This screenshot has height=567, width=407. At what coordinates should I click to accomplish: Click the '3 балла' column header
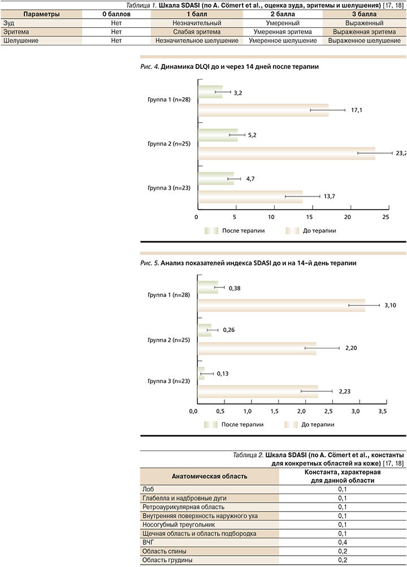click(x=364, y=14)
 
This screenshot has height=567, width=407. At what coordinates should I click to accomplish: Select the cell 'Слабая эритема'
click(x=197, y=32)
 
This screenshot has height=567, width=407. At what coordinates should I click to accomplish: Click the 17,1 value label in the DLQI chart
click(x=356, y=110)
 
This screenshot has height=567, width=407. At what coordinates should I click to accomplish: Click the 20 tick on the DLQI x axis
click(x=349, y=217)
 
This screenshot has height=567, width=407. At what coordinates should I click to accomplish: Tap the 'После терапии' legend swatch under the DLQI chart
click(x=211, y=231)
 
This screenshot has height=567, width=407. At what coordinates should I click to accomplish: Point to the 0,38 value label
click(x=234, y=287)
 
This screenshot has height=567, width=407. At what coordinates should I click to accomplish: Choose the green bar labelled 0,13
click(x=201, y=374)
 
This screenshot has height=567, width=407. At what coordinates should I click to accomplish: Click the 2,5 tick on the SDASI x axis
click(x=329, y=411)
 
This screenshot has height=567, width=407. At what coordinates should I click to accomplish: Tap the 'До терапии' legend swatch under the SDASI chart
click(x=291, y=424)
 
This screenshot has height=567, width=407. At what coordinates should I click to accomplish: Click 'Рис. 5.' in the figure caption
click(x=148, y=264)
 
